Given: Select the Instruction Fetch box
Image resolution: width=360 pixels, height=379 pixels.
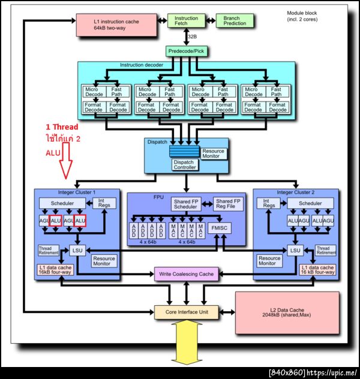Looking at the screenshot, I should click(186, 22).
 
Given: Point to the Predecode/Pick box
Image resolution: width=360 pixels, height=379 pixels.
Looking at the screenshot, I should click(186, 52).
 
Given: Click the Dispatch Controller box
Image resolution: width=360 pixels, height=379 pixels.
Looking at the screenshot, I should click(184, 164).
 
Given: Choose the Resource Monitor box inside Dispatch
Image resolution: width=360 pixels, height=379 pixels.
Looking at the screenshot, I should click(214, 154).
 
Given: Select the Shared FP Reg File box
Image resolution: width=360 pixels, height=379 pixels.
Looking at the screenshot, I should click(228, 204).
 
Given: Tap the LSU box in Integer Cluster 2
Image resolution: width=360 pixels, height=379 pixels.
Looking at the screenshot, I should click(294, 250).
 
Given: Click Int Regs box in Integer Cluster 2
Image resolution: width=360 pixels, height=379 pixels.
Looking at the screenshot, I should click(269, 204).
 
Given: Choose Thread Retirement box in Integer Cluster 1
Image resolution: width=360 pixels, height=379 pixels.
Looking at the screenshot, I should click(50, 249).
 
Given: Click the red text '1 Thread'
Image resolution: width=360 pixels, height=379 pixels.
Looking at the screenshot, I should click(62, 127).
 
